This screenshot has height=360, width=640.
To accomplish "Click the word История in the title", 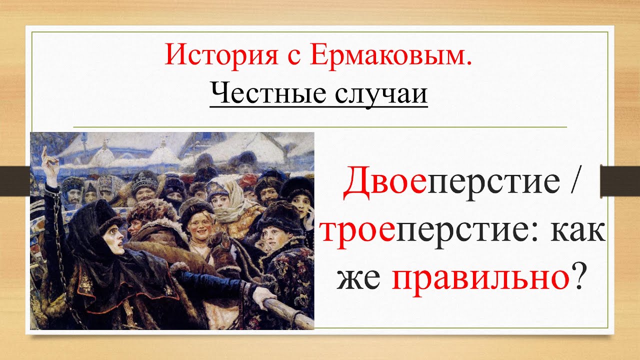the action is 221,55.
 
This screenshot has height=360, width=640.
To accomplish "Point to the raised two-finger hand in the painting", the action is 49,163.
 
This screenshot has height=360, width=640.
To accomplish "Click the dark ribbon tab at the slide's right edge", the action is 619,181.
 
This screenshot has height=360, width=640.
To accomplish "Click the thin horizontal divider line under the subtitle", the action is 320,127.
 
